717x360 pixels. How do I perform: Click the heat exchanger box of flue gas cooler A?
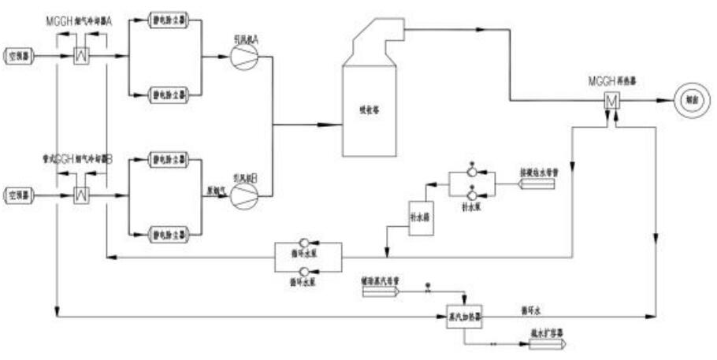click(81, 56)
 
